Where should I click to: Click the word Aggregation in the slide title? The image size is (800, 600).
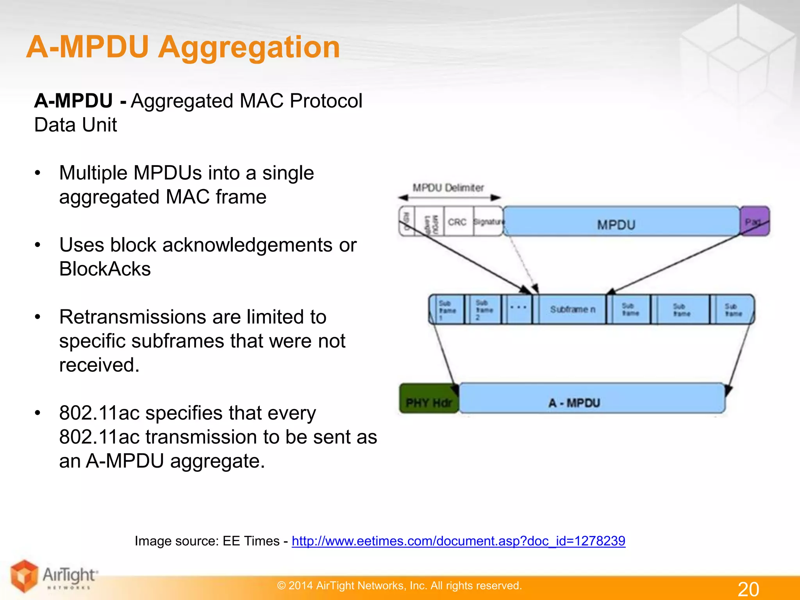click(x=249, y=47)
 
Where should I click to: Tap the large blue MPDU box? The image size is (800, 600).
click(x=621, y=221)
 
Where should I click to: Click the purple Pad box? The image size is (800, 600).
click(x=754, y=221)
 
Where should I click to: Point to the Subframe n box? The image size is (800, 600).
click(x=572, y=309)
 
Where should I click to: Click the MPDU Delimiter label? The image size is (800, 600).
click(x=448, y=188)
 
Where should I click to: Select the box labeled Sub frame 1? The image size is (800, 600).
click(x=447, y=309)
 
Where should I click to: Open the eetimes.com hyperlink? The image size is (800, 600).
click(x=458, y=541)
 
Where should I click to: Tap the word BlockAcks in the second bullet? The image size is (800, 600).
click(x=105, y=269)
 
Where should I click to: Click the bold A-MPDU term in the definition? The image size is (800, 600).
click(x=73, y=101)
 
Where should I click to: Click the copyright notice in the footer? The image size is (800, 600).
click(x=399, y=586)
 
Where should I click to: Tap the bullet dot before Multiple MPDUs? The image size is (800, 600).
click(x=37, y=173)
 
